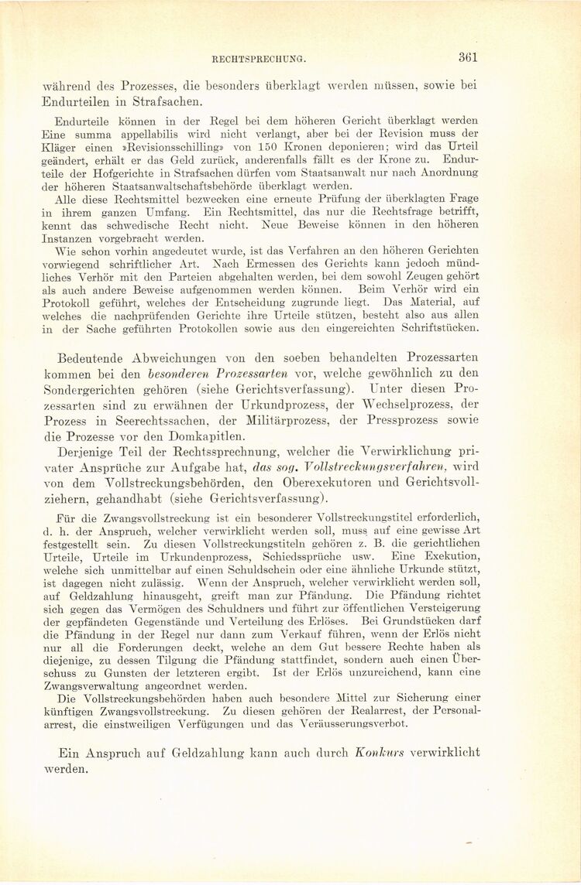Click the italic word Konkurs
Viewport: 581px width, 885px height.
coord(379,752)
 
